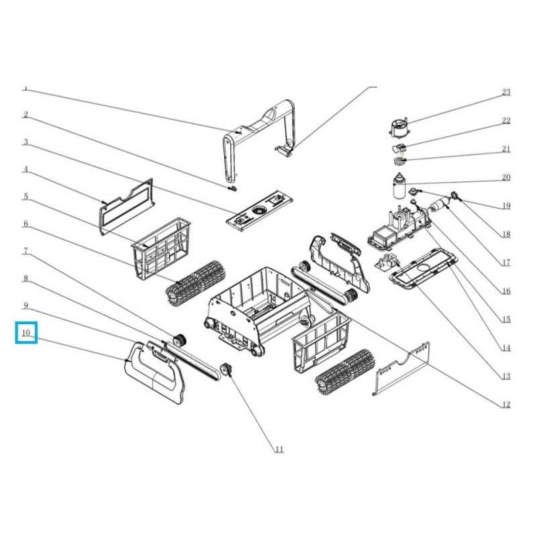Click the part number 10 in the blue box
point(26,332)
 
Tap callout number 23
point(506,92)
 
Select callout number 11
point(279,449)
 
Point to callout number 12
point(506,405)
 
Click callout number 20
point(506,177)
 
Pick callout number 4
point(26,169)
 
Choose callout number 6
point(26,224)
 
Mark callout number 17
point(506,262)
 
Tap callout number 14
point(506,348)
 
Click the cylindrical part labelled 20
point(399,186)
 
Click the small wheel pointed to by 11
point(226,369)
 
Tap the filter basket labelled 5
point(161,248)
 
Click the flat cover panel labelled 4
point(126,207)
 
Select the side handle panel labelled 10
point(155,373)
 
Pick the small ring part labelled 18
point(456,195)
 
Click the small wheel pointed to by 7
point(179,339)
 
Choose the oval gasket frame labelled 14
point(424,270)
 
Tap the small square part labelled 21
point(399,160)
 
